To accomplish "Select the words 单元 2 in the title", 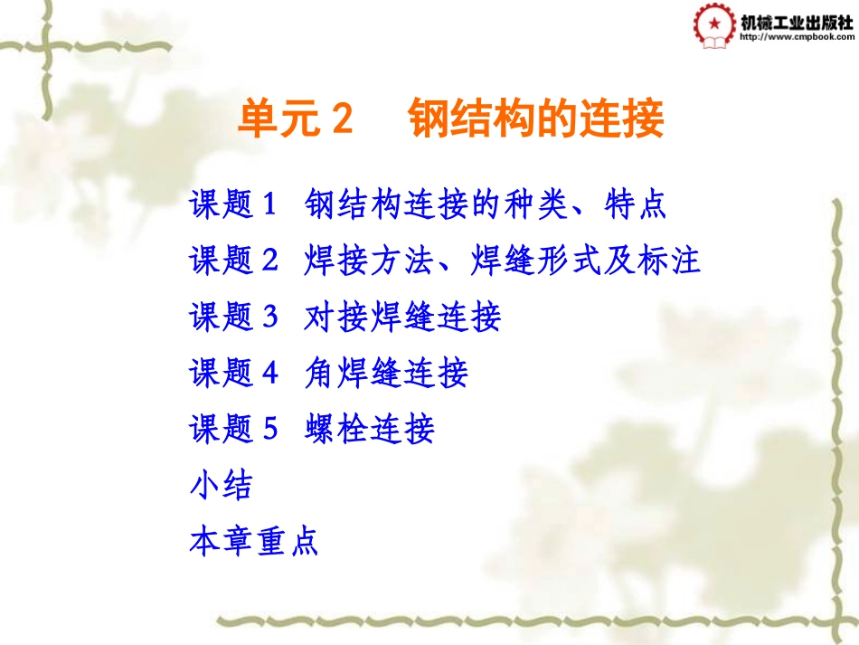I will click(293, 119).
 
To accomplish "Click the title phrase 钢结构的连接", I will click(536, 119).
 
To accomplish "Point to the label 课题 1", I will click(231, 204).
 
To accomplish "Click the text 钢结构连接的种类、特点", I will click(486, 204).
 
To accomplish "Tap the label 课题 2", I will click(231, 261).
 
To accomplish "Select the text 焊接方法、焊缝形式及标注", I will click(503, 261).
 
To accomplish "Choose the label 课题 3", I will click(231, 318).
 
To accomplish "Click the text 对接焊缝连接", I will click(402, 318).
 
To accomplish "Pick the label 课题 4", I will click(231, 373).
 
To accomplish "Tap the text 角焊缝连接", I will click(386, 373).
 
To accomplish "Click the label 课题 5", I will click(231, 429).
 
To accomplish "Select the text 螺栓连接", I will click(370, 429).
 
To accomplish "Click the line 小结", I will click(221, 485).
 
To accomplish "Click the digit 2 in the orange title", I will click(340, 119).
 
